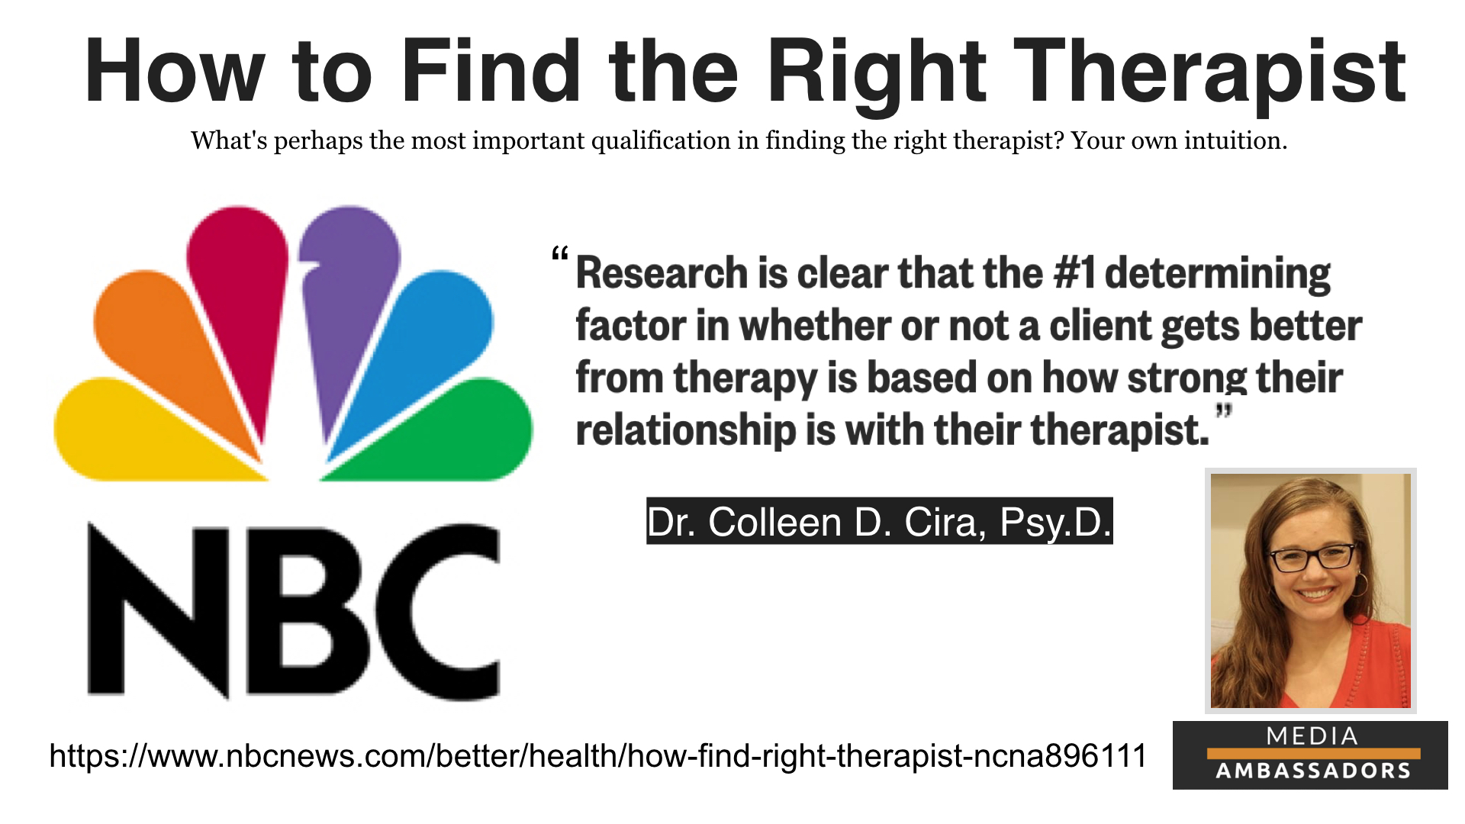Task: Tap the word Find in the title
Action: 491,70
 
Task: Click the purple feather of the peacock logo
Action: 347,313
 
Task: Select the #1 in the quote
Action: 1074,273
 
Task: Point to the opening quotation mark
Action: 560,254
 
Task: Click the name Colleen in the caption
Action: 774,523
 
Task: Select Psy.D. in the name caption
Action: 1055,523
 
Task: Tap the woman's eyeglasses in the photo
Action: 1312,558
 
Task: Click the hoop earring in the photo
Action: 1360,584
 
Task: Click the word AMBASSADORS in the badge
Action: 1313,771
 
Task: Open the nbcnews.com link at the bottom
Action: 597,755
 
